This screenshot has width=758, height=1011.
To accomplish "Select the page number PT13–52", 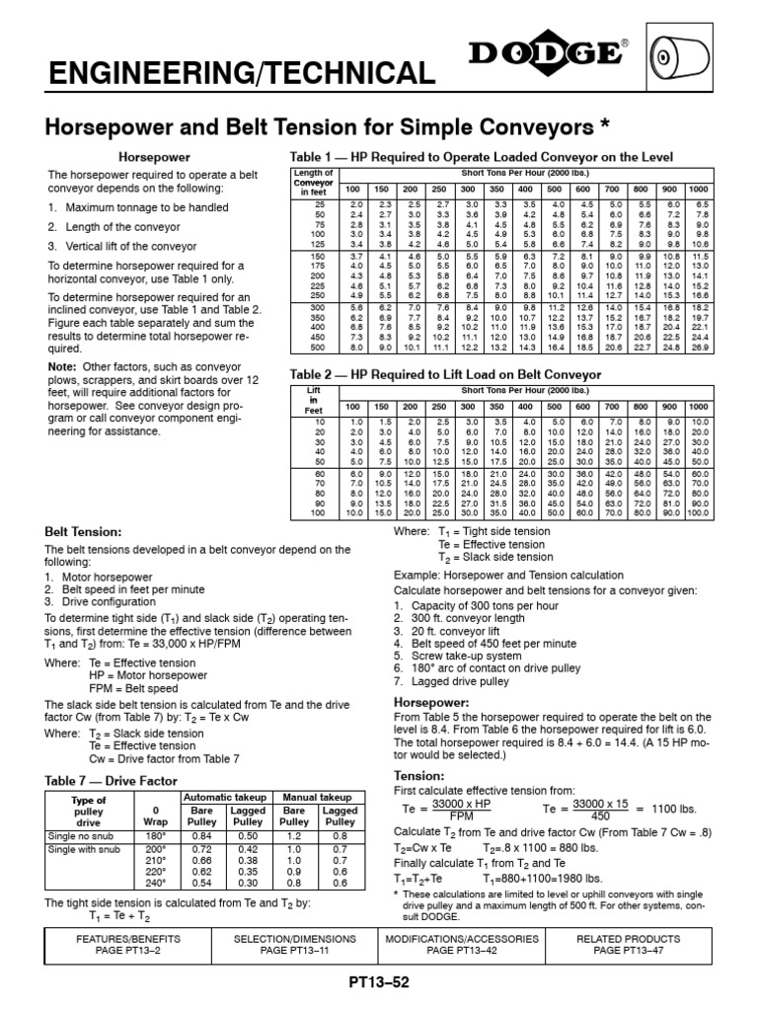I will pos(379,983).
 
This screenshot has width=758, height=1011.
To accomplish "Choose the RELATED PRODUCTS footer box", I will pos(628,944).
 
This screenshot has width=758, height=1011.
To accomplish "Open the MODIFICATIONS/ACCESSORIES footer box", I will pos(462,944).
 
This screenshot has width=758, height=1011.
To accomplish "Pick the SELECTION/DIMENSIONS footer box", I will pos(295,944).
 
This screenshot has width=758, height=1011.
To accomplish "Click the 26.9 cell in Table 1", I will pos(699,348).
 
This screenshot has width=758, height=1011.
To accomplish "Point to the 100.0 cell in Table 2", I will pos(698,513).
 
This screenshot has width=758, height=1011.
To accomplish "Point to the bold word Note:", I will pos(62,366).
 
